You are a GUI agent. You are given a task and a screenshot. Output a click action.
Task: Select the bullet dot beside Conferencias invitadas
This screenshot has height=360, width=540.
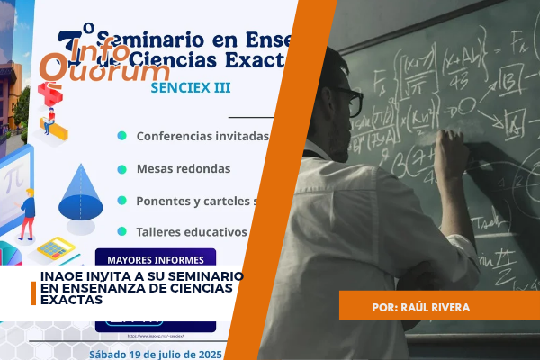coord(121,136)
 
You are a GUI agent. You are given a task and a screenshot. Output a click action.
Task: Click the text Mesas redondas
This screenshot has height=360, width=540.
coord(184,168)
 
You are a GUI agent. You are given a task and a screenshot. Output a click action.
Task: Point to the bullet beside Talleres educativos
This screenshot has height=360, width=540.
coord(121,230)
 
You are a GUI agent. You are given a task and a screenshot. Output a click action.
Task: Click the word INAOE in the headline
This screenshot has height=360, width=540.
coord(63,275)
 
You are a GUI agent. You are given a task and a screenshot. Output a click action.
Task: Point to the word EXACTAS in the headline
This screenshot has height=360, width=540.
coord(71,300)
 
